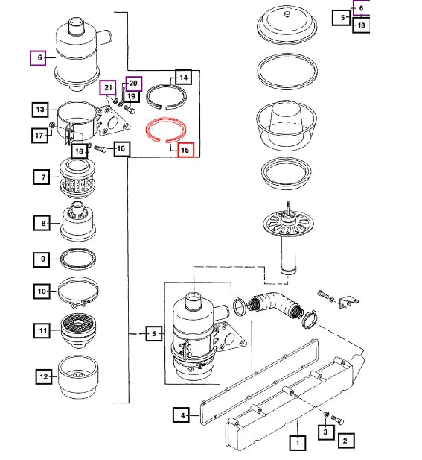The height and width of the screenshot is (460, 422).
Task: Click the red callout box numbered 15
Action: click(x=185, y=150)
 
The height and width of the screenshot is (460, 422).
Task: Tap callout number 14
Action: click(x=183, y=77)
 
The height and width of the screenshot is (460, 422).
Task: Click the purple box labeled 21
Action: click(x=107, y=87)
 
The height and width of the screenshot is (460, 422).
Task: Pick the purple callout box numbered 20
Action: click(x=134, y=84)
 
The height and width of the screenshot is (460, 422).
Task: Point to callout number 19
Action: click(x=132, y=96)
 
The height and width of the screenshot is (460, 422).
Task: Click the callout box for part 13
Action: click(x=40, y=110)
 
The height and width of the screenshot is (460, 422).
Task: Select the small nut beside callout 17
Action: click(x=52, y=125)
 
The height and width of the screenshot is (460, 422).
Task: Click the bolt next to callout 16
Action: click(x=100, y=149)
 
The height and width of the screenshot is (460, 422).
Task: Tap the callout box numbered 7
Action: click(x=42, y=177)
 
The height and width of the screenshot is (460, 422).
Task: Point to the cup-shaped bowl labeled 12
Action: click(x=78, y=377)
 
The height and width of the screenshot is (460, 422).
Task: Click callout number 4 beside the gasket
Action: click(x=182, y=415)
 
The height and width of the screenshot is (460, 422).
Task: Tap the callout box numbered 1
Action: click(x=298, y=442)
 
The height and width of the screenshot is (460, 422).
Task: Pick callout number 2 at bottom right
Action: click(x=346, y=441)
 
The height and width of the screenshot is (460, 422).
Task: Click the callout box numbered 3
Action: click(x=326, y=432)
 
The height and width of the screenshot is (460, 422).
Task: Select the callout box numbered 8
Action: click(x=42, y=223)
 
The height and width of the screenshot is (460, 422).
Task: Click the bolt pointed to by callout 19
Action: click(x=130, y=109)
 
